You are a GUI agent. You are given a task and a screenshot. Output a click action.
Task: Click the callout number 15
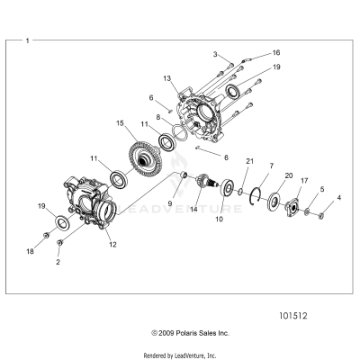pyautogui.click(x=120, y=122)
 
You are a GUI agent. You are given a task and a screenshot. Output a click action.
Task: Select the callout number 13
pyautogui.click(x=167, y=79)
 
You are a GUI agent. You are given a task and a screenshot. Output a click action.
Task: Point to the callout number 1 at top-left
pyautogui.click(x=27, y=40)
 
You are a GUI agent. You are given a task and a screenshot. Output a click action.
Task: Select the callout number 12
pyautogui.click(x=112, y=244)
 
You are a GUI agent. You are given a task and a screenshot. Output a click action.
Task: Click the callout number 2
pyautogui.click(x=58, y=262)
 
